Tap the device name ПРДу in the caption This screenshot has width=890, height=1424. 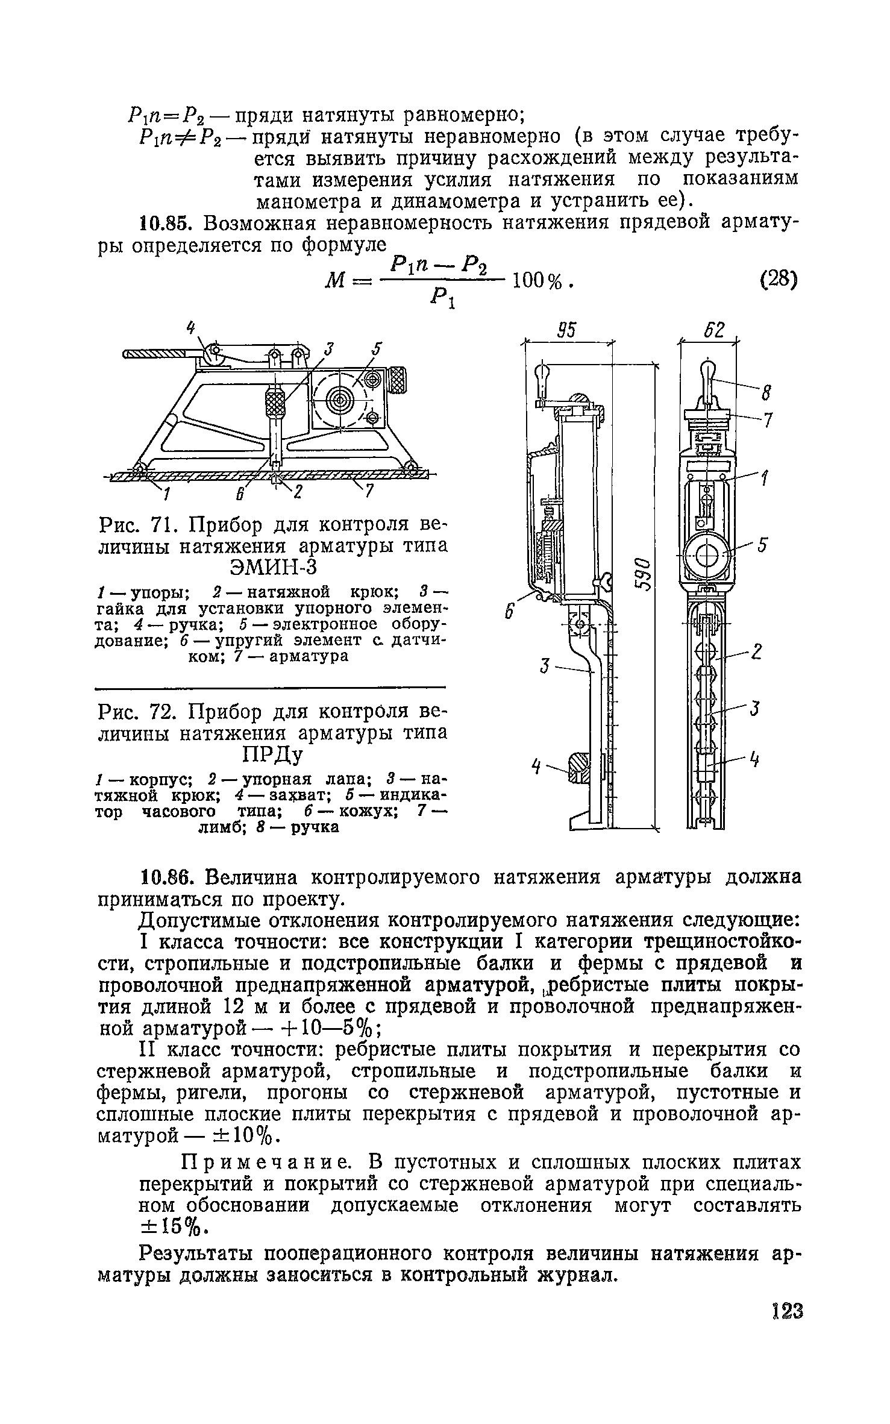click(272, 755)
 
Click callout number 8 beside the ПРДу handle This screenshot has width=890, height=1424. click(766, 394)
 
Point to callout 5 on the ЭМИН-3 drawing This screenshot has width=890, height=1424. click(377, 348)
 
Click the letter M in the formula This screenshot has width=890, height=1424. click(333, 281)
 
